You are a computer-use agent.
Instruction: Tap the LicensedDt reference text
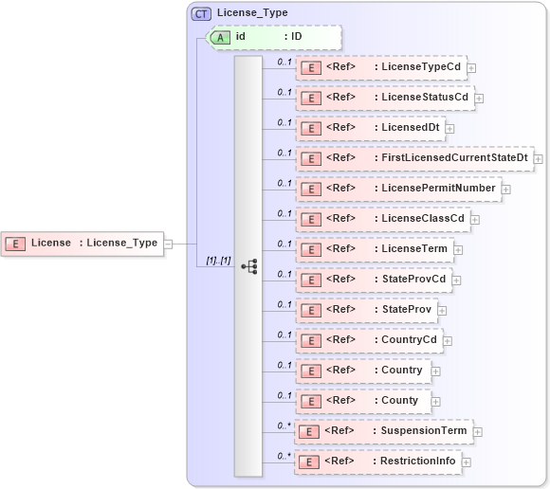tap(409, 128)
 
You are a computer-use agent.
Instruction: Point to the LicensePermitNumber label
tap(438, 189)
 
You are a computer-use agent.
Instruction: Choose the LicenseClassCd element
tap(423, 219)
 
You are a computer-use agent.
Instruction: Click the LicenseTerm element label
tap(412, 249)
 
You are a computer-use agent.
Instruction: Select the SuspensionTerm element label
tap(423, 431)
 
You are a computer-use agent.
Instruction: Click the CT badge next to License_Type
tap(201, 13)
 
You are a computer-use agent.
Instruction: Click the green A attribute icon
tap(220, 37)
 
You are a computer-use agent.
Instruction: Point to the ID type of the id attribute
tap(296, 37)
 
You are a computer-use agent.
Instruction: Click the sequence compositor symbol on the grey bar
tap(248, 267)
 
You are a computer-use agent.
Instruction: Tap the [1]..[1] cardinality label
tap(219, 261)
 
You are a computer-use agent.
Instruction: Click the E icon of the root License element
tap(15, 244)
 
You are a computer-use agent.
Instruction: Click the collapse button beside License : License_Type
tap(168, 244)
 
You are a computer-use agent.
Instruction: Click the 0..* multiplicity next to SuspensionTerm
tap(284, 426)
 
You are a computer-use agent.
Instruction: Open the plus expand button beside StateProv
tap(442, 310)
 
